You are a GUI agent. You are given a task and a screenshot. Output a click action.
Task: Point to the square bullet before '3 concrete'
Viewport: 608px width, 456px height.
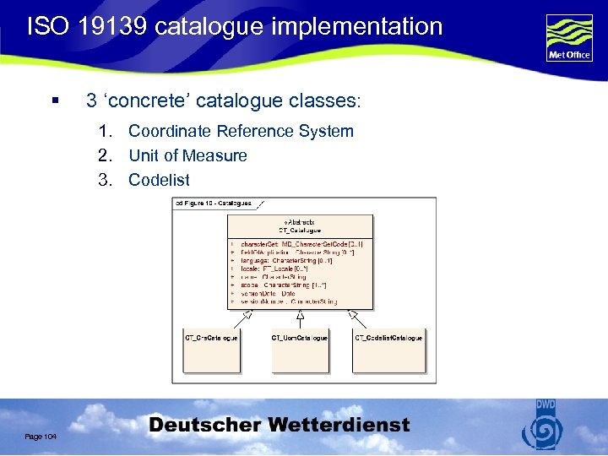54,101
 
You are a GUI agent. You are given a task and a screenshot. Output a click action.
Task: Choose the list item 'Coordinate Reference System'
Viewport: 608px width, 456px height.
241,131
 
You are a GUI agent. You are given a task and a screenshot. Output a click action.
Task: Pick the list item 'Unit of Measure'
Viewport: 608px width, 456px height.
187,155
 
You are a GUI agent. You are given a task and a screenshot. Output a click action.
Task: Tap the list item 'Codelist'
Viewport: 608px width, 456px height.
159,180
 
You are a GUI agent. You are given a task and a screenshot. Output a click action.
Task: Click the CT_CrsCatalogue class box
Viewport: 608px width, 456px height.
211,350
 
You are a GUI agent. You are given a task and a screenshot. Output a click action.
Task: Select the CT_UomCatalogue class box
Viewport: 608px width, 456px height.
300,350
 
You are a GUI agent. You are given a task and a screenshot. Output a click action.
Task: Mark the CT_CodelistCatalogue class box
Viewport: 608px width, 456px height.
388,350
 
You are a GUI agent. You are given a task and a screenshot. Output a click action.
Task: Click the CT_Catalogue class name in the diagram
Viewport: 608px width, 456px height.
299,230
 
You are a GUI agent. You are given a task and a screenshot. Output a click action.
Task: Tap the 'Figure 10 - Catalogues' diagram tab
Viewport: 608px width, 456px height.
216,204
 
